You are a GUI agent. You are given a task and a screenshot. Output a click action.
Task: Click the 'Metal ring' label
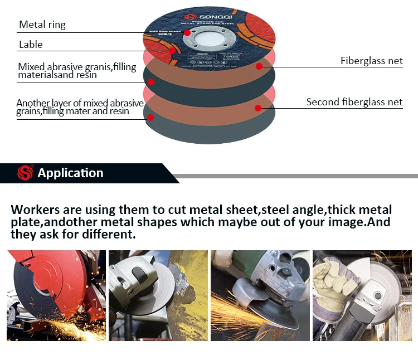[42, 25]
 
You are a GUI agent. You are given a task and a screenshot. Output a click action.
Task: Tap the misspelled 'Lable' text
[31, 45]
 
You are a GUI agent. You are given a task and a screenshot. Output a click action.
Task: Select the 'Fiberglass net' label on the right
[371, 61]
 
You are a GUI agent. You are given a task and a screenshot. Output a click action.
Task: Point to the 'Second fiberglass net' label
[354, 102]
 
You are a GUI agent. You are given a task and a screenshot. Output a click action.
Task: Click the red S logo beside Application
[25, 173]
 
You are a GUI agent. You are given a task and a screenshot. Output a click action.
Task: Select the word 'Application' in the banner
[70, 173]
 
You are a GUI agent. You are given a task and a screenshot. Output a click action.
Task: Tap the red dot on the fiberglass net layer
[259, 66]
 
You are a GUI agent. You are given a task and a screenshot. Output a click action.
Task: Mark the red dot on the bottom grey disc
[150, 116]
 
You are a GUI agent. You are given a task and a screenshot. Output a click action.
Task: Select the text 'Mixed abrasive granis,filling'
[77, 67]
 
